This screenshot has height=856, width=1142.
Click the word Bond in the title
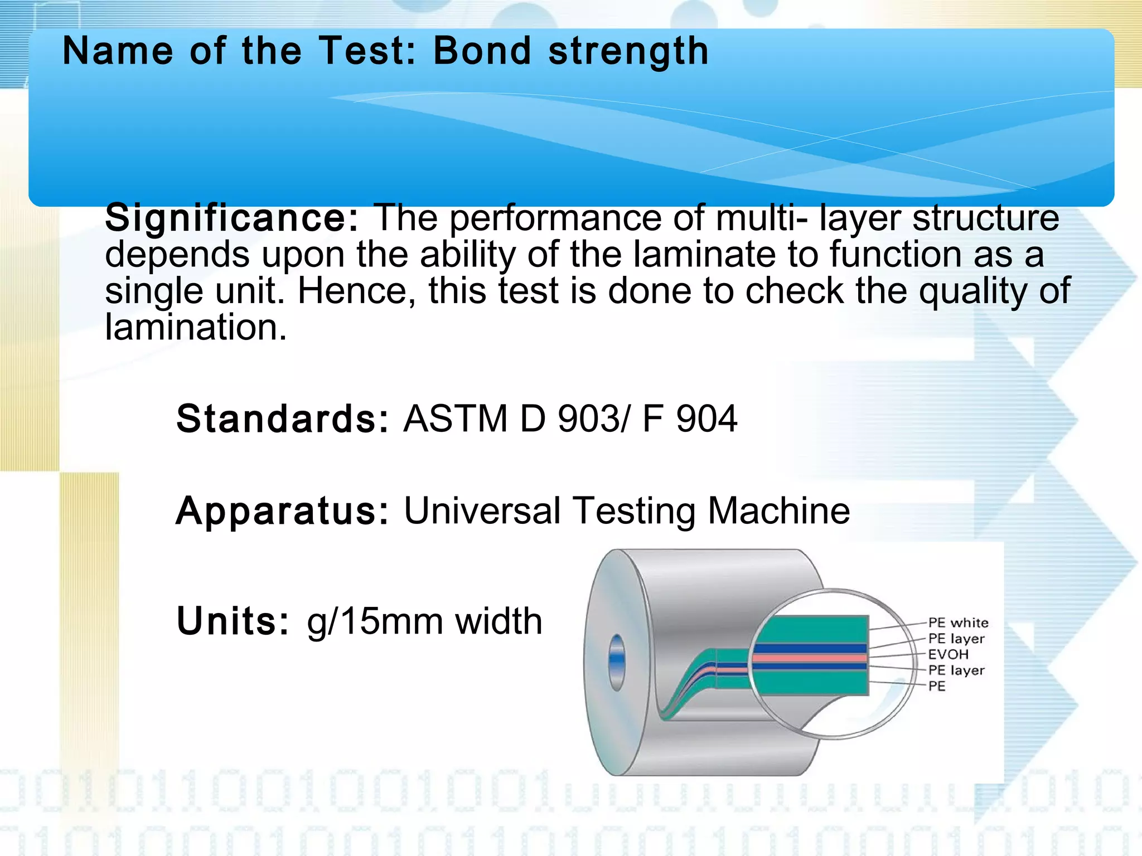(x=482, y=51)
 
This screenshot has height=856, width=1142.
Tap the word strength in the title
(x=628, y=51)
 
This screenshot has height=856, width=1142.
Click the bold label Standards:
(x=282, y=419)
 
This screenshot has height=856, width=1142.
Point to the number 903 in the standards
(x=588, y=419)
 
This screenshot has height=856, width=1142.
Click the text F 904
(x=690, y=419)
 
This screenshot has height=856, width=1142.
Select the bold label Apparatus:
(x=282, y=510)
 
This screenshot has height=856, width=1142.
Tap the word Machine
(x=778, y=510)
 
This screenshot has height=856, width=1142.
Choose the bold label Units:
(x=233, y=621)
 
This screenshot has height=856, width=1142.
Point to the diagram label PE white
(x=958, y=622)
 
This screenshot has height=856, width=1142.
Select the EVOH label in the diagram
(x=948, y=654)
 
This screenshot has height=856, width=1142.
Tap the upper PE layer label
(x=956, y=639)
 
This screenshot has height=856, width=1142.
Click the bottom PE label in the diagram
(x=937, y=686)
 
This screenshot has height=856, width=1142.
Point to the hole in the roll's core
(x=617, y=662)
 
